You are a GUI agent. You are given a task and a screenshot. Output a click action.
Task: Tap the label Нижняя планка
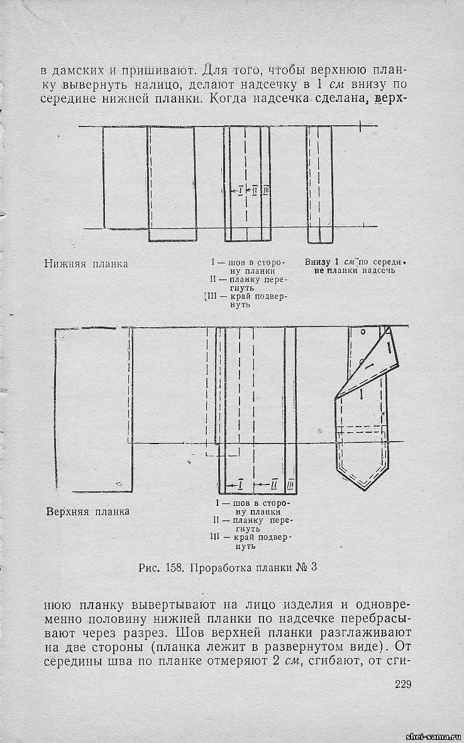pyautogui.click(x=86, y=264)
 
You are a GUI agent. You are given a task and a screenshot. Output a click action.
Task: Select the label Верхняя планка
pyautogui.click(x=88, y=511)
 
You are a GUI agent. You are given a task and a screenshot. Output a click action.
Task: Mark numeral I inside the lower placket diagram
pyautogui.click(x=241, y=189)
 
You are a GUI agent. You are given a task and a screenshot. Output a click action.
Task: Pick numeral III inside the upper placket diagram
pyautogui.click(x=290, y=484)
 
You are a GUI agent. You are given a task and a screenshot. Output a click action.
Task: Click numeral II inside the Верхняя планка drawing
pyautogui.click(x=274, y=484)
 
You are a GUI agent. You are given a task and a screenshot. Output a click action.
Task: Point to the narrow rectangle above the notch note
pyautogui.click(x=319, y=184)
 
